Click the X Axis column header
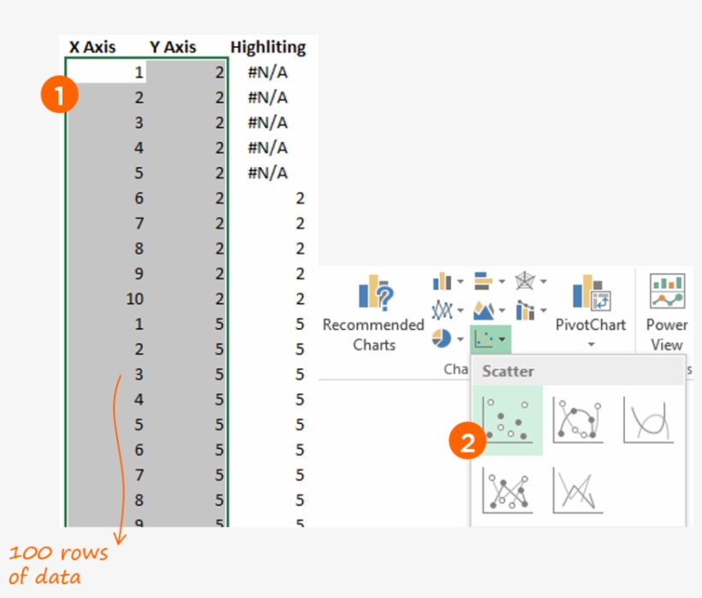[x=92, y=47]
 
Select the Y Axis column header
[x=173, y=47]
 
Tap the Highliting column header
[x=268, y=47]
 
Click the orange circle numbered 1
[x=59, y=96]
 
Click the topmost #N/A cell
[x=267, y=72]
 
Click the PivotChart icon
[x=591, y=294]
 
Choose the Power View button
[x=667, y=313]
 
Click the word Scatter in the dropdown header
[x=508, y=372]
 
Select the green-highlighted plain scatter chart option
[x=508, y=420]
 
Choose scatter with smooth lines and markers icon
[x=578, y=420]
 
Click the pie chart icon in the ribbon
[x=442, y=338]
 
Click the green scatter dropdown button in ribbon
[x=491, y=339]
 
